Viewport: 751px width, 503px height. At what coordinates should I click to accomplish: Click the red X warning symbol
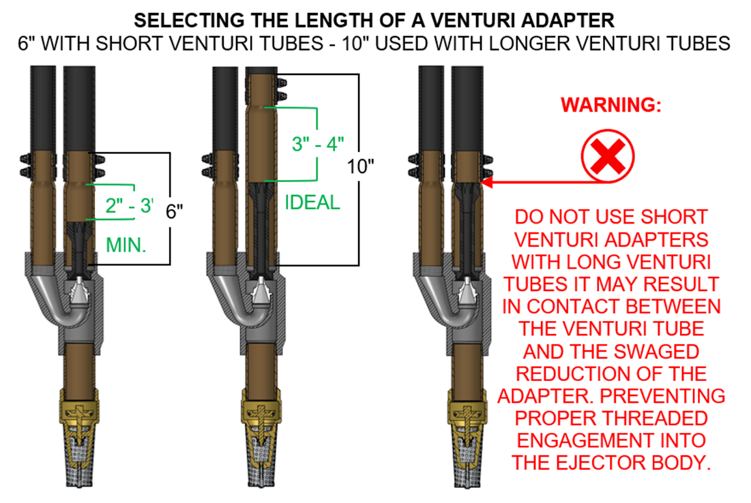tap(608, 157)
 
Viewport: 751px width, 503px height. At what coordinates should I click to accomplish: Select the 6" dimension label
tap(175, 211)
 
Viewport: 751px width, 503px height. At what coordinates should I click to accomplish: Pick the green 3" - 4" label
tap(318, 144)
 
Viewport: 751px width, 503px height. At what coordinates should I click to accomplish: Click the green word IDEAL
tap(312, 202)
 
